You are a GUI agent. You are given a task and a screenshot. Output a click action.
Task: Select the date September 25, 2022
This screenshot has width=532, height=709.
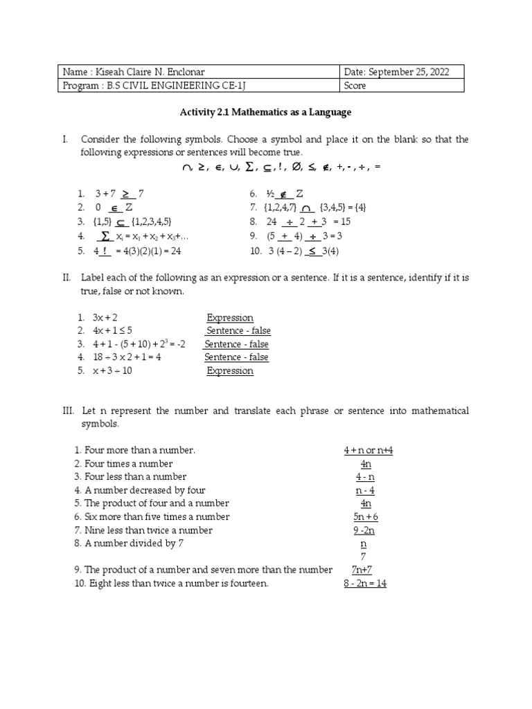[402, 73]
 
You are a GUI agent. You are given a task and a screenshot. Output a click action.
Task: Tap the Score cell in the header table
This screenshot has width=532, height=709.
[355, 86]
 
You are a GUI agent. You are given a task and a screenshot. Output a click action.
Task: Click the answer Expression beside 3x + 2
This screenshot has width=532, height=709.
[230, 318]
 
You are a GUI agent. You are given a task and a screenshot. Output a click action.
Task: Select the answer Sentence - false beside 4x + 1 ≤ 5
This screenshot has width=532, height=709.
[238, 331]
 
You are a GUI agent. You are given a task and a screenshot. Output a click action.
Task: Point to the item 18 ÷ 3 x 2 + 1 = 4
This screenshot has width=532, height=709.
[127, 357]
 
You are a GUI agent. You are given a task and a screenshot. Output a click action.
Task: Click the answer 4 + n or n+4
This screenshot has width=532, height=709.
[368, 451]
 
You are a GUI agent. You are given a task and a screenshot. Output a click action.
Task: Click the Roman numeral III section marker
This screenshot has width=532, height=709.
[67, 411]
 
